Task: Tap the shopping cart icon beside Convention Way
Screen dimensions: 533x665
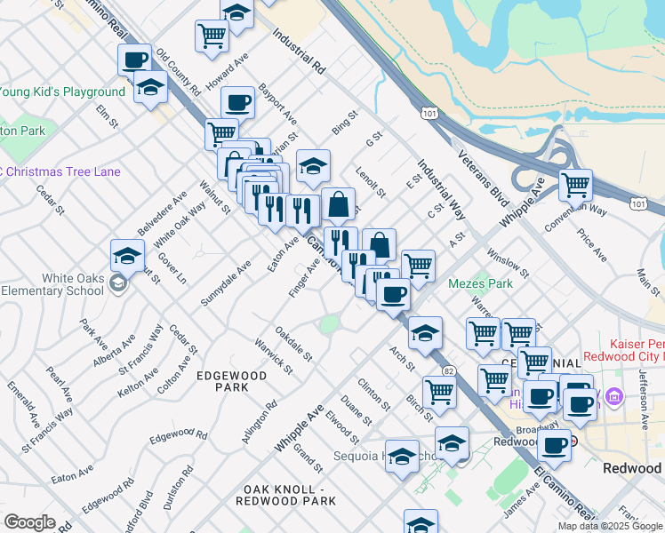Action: coord(576,185)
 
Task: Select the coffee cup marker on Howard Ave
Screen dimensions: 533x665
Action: coord(237,102)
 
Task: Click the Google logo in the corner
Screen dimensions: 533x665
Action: coord(29,522)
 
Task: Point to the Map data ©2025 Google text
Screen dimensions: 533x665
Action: coord(611,526)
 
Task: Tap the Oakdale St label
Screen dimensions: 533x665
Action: coord(294,343)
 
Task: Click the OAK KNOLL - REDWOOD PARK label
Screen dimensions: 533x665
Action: coord(286,496)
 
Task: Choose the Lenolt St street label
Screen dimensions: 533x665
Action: coord(370,180)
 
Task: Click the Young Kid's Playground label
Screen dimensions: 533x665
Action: coord(62,92)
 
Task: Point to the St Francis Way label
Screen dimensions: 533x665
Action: coord(140,346)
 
